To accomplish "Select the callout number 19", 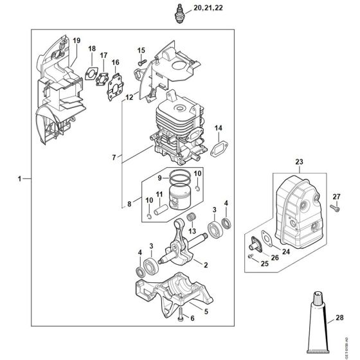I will [76, 41].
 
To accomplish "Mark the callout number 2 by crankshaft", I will [205, 264].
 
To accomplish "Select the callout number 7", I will [114, 157].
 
